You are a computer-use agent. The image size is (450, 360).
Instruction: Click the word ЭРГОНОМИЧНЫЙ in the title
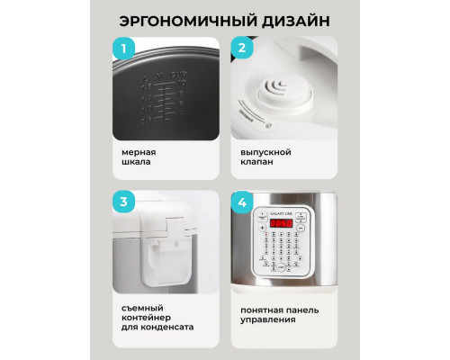[x=180, y=20]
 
